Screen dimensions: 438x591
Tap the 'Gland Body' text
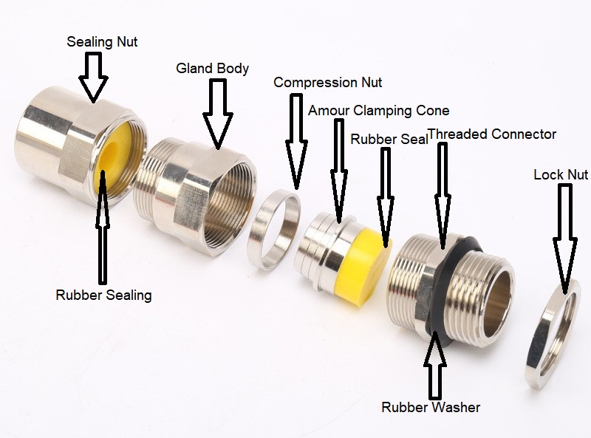point(212,69)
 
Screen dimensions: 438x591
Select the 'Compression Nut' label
point(328,82)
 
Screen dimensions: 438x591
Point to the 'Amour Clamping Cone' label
point(378,111)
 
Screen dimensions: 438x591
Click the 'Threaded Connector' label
point(492,134)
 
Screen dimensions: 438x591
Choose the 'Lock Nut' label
point(560,174)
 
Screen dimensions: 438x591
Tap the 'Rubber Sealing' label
point(103,295)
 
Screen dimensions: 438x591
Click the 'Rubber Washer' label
point(431,407)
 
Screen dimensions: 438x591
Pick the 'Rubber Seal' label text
point(387,139)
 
